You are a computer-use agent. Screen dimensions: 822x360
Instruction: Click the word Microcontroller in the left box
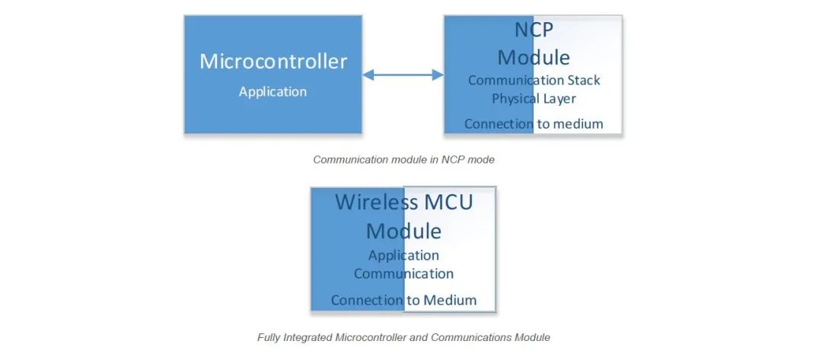(x=273, y=62)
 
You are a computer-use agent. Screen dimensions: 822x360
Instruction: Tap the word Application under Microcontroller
(x=272, y=92)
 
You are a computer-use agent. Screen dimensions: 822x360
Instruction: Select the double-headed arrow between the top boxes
(x=403, y=75)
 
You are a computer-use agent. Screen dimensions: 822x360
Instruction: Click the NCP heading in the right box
(x=534, y=30)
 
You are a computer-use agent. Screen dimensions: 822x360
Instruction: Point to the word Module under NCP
(x=534, y=57)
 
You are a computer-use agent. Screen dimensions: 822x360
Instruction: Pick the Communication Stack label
(x=534, y=80)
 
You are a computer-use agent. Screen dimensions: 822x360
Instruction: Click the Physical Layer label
(x=534, y=99)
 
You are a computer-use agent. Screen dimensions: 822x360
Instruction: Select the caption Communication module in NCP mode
(x=403, y=159)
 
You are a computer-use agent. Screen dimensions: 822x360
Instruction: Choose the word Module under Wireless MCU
(x=403, y=231)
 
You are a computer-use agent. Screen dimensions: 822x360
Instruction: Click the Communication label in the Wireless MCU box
(x=403, y=274)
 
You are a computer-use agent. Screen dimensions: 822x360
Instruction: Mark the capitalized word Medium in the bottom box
(x=450, y=301)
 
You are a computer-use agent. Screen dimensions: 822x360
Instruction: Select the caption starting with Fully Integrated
(x=403, y=337)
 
